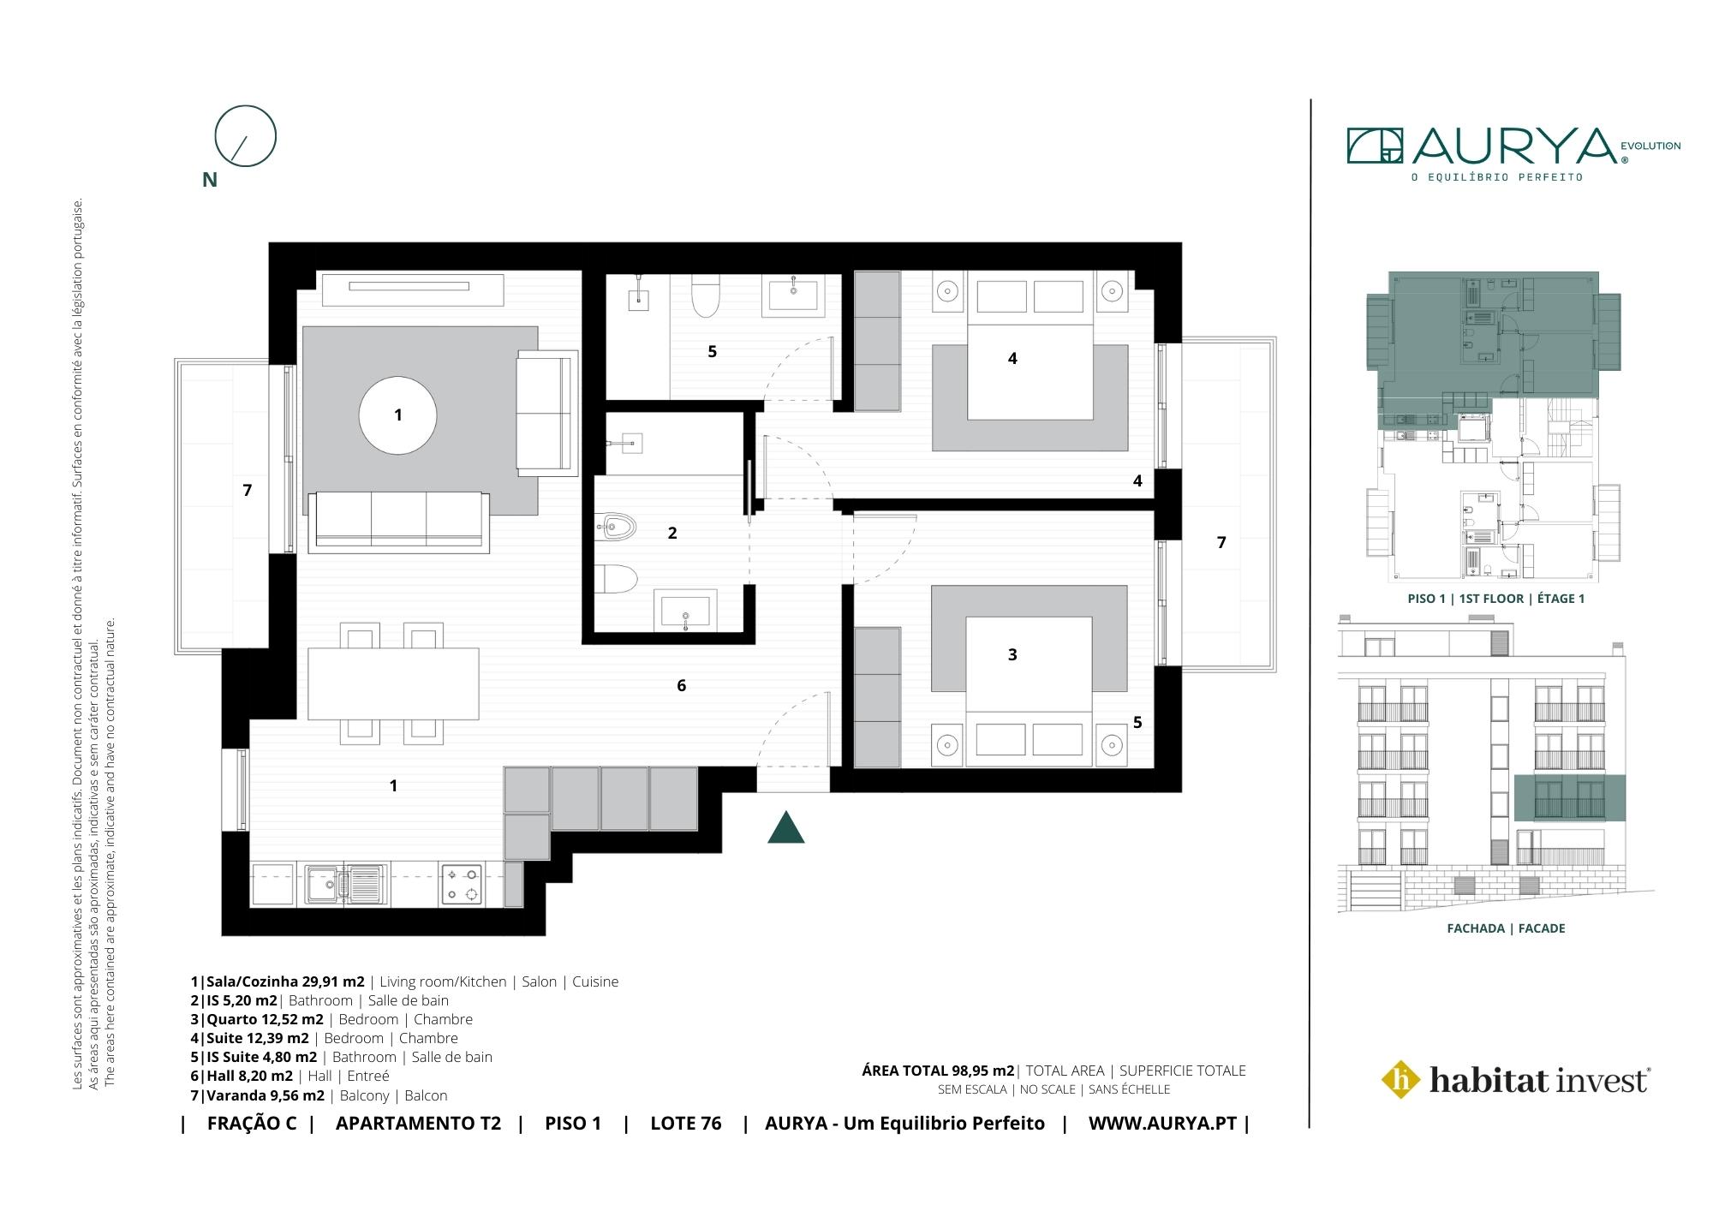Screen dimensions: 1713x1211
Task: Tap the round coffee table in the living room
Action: [397, 415]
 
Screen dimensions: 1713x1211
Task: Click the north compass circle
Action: [246, 135]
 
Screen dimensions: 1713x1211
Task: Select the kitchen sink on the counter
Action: [346, 883]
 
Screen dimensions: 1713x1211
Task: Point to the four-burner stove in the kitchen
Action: [463, 885]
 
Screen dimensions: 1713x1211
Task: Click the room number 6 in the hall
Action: [682, 685]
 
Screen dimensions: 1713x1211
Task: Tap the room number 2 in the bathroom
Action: [672, 533]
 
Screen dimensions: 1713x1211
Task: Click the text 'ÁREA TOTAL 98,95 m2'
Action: [938, 1071]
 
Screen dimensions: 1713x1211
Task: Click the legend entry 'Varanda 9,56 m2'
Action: [266, 1095]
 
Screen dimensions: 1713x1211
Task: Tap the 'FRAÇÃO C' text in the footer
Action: [252, 1124]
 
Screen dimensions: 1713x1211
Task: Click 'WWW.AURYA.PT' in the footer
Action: [1162, 1124]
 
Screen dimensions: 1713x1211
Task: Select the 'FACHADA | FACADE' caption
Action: [1506, 928]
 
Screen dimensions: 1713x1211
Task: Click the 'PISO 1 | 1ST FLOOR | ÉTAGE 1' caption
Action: [1496, 599]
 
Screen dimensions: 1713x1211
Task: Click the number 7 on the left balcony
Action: [248, 490]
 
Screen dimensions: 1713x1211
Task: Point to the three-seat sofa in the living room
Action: [400, 519]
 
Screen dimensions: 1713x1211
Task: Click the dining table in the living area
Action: [393, 684]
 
